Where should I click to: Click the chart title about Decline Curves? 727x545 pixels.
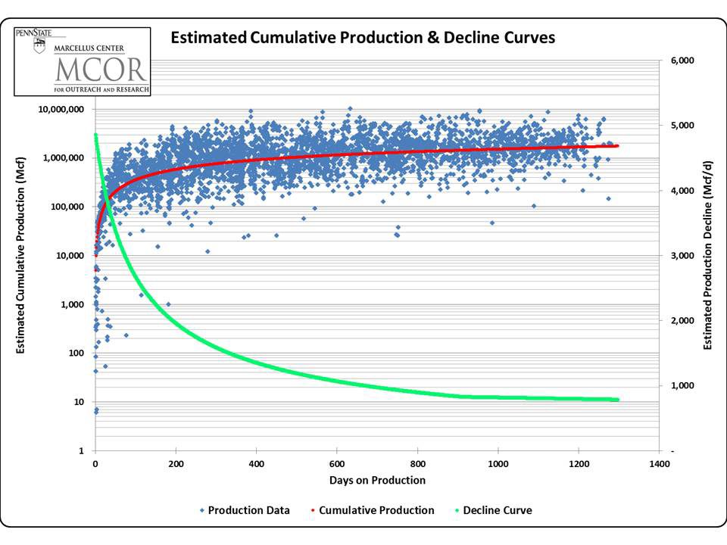tap(363, 38)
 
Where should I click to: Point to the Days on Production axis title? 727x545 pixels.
tap(377, 481)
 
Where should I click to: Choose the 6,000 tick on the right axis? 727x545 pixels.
tap(680, 61)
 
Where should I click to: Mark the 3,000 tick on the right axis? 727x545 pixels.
tap(680, 256)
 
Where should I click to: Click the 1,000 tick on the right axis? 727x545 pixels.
tap(680, 386)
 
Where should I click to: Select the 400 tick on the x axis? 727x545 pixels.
tap(256, 464)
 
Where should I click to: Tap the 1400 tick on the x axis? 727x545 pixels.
tap(659, 464)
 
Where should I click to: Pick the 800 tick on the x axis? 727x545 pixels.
tap(417, 464)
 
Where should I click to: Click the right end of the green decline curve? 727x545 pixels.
tap(617, 400)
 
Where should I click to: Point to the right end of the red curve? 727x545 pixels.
tap(617, 145)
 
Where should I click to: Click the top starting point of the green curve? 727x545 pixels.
tap(95, 135)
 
